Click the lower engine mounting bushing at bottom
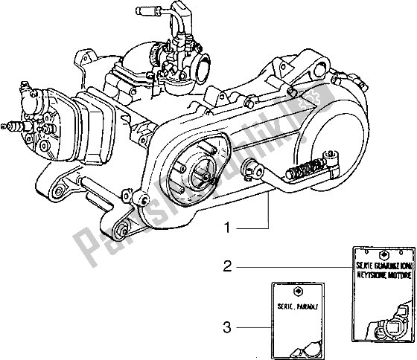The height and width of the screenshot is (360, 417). (x=125, y=223)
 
